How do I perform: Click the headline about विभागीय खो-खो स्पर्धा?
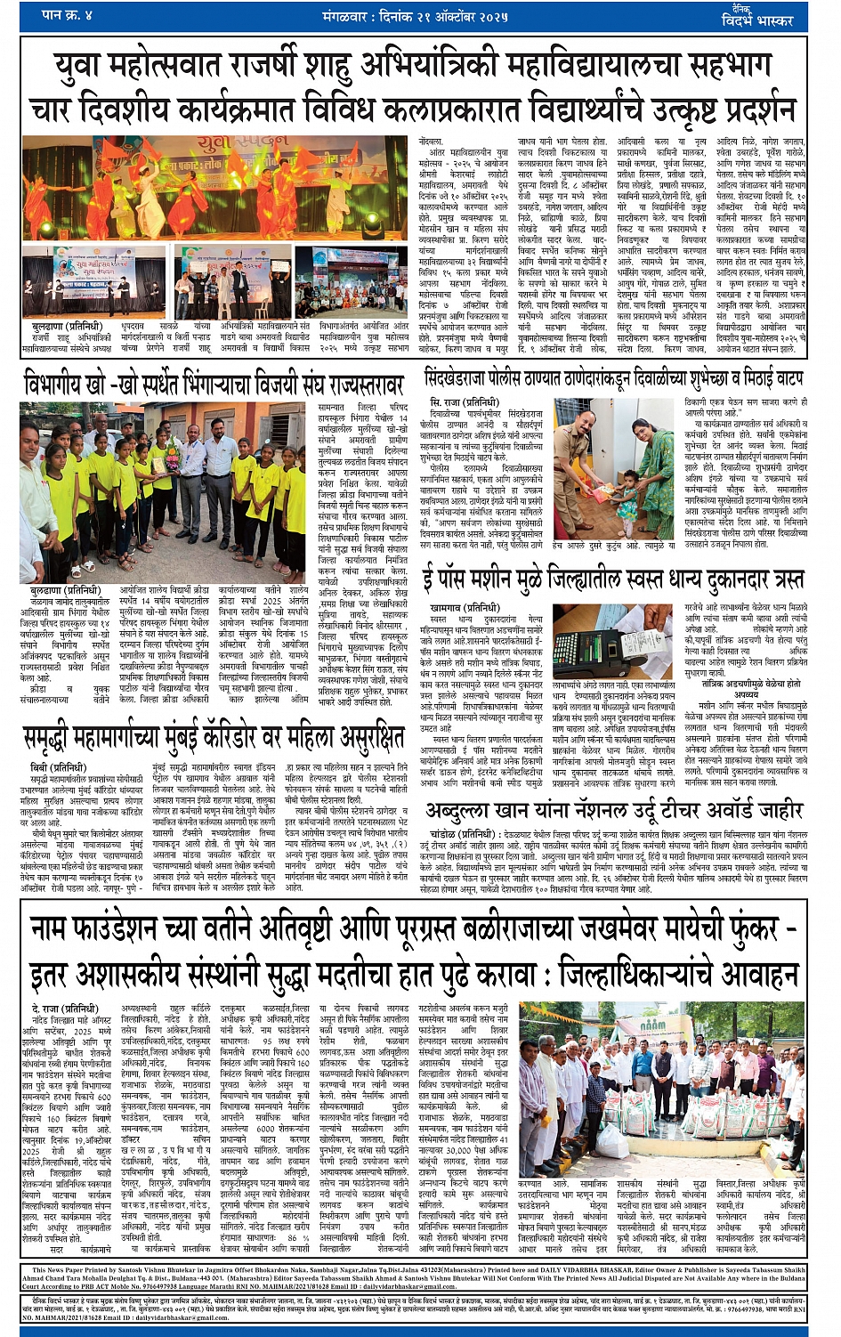point(214,385)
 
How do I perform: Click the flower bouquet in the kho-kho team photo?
point(164,464)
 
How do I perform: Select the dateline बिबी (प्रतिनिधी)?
point(51,766)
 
